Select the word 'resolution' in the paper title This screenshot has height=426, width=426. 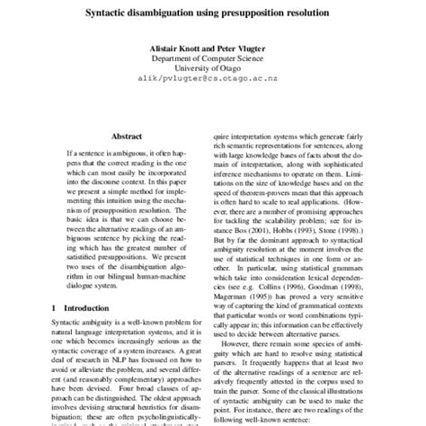(x=300, y=14)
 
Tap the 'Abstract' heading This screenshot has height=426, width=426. (x=126, y=136)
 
